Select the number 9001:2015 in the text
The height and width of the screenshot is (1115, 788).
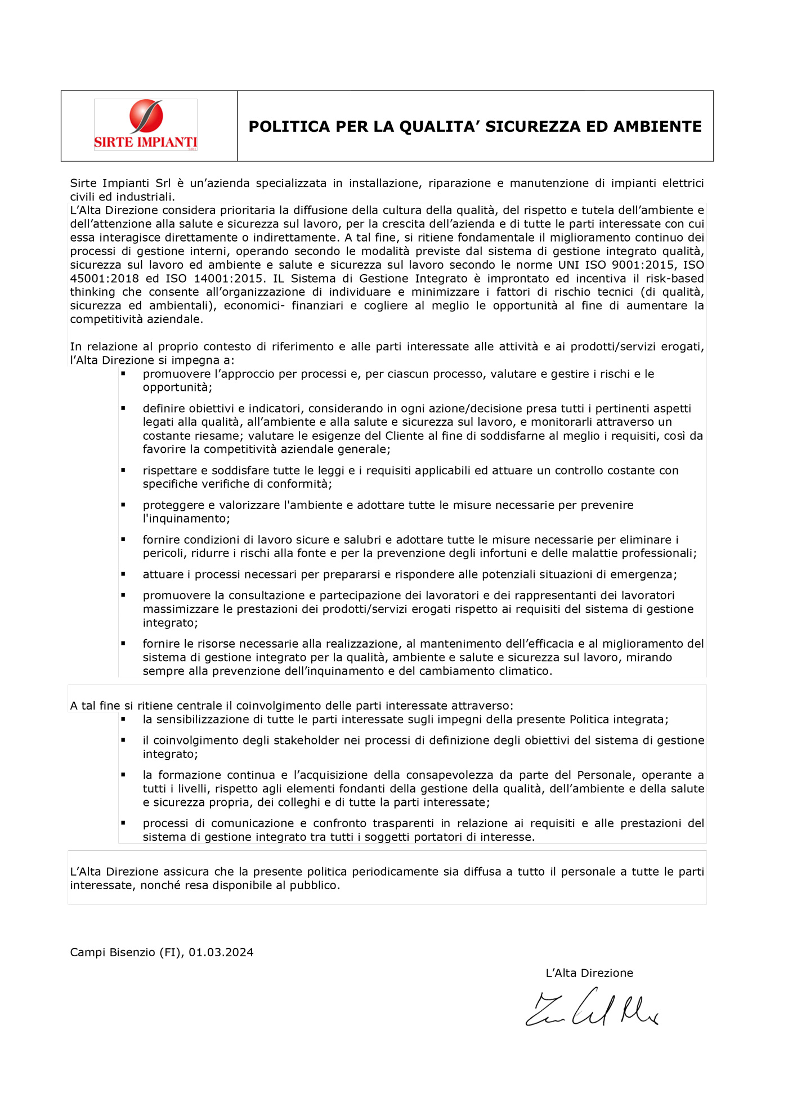point(643,265)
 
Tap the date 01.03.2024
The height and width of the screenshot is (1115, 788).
point(221,952)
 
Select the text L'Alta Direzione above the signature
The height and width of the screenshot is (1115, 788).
point(589,973)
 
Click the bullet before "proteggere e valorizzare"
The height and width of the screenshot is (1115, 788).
point(123,505)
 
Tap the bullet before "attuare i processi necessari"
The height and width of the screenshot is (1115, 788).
point(123,574)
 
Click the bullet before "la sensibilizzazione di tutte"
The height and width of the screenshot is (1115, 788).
point(123,719)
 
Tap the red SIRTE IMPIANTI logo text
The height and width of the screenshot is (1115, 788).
point(146,142)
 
